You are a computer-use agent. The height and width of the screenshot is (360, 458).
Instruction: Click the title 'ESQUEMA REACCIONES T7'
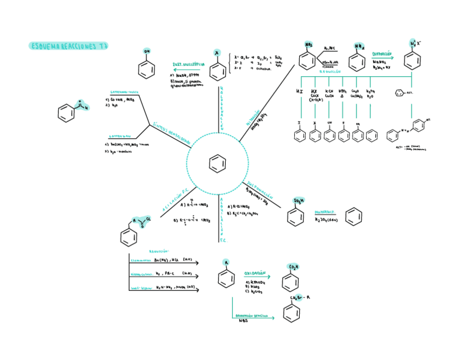68,46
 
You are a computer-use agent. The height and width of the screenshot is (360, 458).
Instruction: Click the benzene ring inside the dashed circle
217,163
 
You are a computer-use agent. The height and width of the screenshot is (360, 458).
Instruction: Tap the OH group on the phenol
147,51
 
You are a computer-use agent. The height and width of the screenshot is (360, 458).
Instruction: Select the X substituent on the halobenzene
217,52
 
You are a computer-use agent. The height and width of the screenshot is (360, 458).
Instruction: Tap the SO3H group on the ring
298,201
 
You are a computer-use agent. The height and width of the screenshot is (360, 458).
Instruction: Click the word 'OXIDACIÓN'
256,274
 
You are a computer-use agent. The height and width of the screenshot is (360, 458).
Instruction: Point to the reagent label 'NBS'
243,321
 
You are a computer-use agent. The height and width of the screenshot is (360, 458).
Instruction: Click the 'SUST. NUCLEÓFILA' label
188,64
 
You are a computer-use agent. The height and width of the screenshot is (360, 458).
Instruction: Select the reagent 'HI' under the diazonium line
300,92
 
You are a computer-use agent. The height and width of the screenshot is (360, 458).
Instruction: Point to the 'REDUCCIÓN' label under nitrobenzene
331,71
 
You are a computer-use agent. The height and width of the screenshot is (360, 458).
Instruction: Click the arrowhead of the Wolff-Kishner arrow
197,290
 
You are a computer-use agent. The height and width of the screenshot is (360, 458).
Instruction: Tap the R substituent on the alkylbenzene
226,263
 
